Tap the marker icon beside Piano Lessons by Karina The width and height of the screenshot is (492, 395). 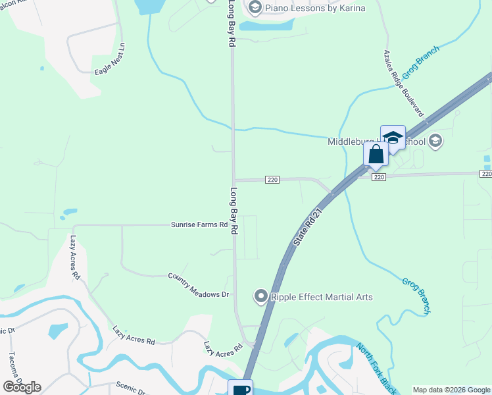[255, 9]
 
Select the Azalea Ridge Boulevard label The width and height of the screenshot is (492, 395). [404, 83]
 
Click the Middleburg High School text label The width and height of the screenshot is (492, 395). [376, 142]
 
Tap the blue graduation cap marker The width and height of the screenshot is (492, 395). [393, 138]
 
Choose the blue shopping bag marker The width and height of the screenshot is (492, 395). [376, 155]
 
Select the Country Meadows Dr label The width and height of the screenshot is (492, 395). [198, 284]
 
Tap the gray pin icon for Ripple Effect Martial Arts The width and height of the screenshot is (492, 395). [260, 297]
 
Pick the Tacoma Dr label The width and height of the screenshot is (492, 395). [15, 366]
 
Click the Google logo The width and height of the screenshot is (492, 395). [22, 386]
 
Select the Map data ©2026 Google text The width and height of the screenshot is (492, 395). [451, 390]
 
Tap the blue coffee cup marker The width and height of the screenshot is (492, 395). [241, 388]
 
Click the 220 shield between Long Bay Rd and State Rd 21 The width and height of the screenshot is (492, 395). [273, 180]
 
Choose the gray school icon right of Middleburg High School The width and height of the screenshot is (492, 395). [435, 141]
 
